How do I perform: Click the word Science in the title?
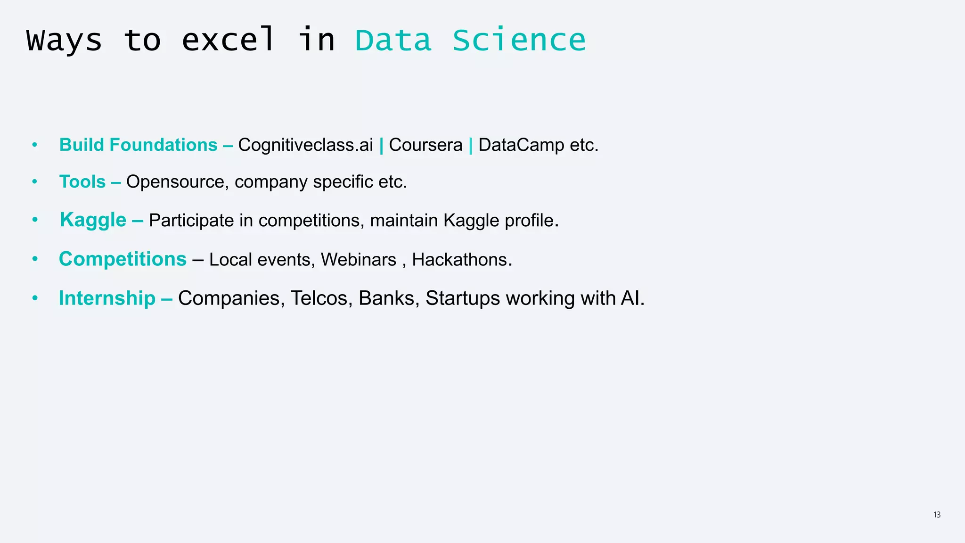[519, 40]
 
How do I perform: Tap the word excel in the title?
[228, 40]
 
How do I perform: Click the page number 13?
[937, 515]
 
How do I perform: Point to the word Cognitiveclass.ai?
[305, 145]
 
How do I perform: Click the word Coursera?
[425, 145]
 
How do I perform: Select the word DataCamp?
[521, 145]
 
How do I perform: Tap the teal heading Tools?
[82, 182]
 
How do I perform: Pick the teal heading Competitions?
[123, 259]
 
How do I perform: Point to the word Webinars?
[359, 260]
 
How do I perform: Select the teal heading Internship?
[107, 298]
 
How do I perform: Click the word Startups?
[463, 298]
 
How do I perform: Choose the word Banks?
[386, 298]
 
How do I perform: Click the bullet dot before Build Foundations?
[34, 145]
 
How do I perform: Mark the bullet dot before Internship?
[34, 298]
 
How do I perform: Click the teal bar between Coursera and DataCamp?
[470, 145]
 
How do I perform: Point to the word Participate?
[191, 221]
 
